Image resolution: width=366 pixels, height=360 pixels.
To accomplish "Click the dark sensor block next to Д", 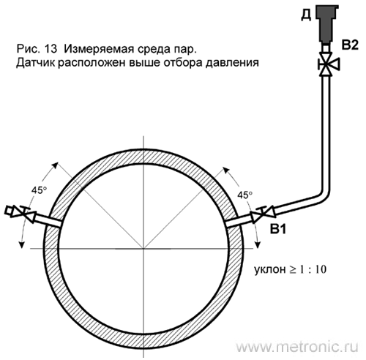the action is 326,24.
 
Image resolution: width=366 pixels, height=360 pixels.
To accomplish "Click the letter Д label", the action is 306,15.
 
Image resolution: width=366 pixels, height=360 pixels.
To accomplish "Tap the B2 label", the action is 350,45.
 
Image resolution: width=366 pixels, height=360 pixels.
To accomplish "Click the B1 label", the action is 277,229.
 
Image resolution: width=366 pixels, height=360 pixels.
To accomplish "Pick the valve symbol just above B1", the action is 264,214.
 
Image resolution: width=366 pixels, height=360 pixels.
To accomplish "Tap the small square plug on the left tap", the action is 9,211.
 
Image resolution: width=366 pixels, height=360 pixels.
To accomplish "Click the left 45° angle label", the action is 39,190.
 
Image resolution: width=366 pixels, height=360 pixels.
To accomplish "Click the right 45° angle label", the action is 244,195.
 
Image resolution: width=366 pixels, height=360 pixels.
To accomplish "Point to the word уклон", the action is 269,270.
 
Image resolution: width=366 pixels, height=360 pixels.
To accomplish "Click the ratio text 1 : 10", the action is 313,269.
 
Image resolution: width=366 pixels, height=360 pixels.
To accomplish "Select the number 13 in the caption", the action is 51,49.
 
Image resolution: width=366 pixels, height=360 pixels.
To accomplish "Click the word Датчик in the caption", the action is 37,63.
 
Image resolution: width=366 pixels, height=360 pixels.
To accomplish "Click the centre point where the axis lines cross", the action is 143,249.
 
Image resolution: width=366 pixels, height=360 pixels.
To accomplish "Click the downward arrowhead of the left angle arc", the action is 22,244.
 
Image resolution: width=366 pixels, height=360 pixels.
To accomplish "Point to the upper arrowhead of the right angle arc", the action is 226,170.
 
